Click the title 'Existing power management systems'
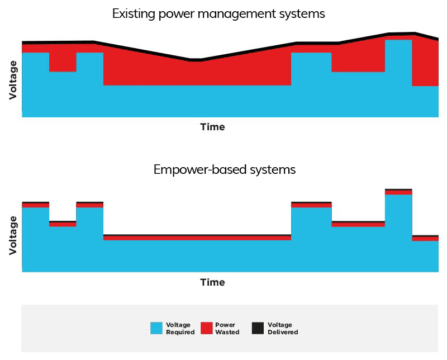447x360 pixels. click(218, 14)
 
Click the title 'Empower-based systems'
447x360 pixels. click(225, 170)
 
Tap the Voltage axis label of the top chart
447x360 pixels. click(13, 80)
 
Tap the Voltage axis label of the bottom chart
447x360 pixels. click(13, 235)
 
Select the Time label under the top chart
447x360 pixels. click(213, 127)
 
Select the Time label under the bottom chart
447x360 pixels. click(213, 282)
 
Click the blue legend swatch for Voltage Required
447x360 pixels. click(156, 328)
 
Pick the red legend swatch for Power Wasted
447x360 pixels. click(207, 328)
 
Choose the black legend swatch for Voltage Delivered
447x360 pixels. click(258, 328)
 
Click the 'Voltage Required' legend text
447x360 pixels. click(180, 328)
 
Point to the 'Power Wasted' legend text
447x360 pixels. click(227, 328)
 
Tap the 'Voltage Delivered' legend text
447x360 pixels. click(283, 328)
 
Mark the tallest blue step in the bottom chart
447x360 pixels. click(398, 233)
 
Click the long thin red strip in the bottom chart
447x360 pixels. click(197, 238)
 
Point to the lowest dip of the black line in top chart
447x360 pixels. click(196, 60)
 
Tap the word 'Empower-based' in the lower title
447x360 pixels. click(200, 170)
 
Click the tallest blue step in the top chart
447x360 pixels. click(398, 78)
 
